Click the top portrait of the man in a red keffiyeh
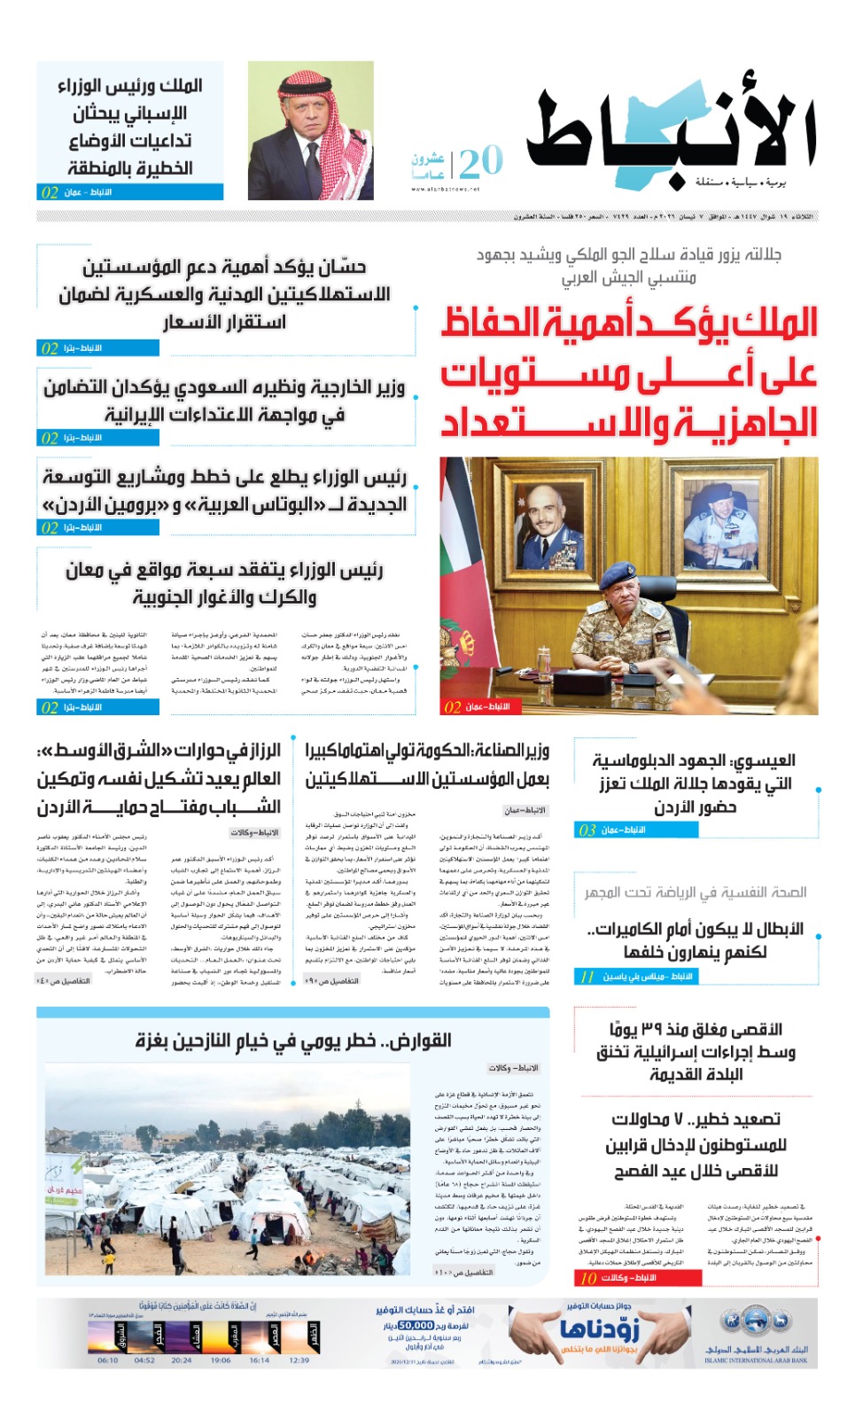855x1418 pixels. (310, 130)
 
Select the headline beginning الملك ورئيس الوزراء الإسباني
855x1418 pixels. (130, 126)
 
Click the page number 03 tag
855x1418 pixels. (587, 830)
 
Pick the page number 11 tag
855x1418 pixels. (587, 977)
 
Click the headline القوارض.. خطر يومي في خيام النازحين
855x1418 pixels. (293, 1040)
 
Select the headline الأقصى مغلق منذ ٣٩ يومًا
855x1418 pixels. (696, 1052)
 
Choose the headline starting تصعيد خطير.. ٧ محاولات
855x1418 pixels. (696, 1145)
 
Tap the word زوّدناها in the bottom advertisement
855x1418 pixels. (599, 1329)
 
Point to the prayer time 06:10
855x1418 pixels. (107, 1360)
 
